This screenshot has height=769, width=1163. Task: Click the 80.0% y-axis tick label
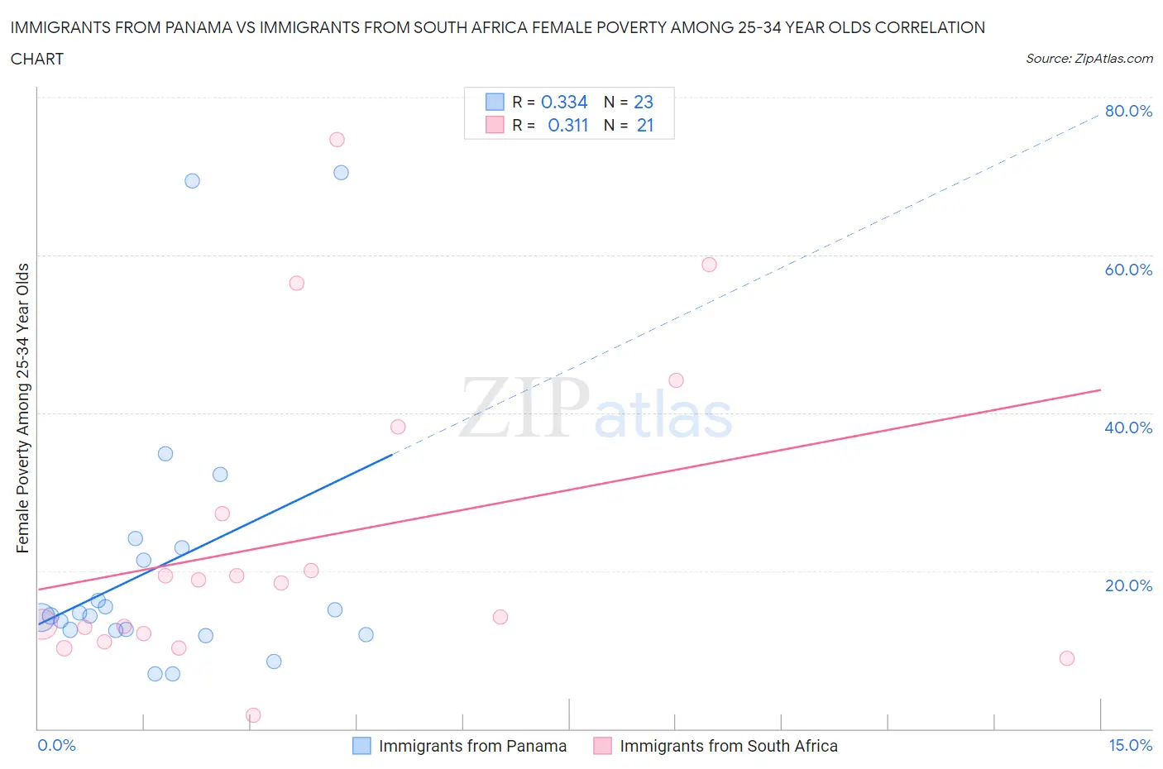coord(1128,112)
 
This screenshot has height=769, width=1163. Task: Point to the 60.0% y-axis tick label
coord(1128,270)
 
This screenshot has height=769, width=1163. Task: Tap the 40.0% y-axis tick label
coord(1128,427)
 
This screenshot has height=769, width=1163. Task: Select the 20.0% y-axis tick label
coord(1128,585)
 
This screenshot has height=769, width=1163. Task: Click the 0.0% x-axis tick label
coord(56,745)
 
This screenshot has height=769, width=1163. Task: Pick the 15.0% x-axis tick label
coord(1130,745)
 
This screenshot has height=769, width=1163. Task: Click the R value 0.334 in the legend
coord(563,102)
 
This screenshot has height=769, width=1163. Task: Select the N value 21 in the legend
coord(644,125)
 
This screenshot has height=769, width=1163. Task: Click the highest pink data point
coord(337,140)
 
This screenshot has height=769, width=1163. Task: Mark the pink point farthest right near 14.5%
coord(1066,658)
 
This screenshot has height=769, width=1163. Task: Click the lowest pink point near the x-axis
coord(254,715)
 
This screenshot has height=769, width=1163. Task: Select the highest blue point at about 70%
coord(341,173)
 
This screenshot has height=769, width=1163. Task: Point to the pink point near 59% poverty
coord(709,265)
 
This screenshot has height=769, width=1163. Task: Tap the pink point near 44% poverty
coord(676,380)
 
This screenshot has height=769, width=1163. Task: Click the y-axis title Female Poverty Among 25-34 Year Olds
coord(23,408)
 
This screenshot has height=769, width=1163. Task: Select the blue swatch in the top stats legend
coord(495,102)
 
